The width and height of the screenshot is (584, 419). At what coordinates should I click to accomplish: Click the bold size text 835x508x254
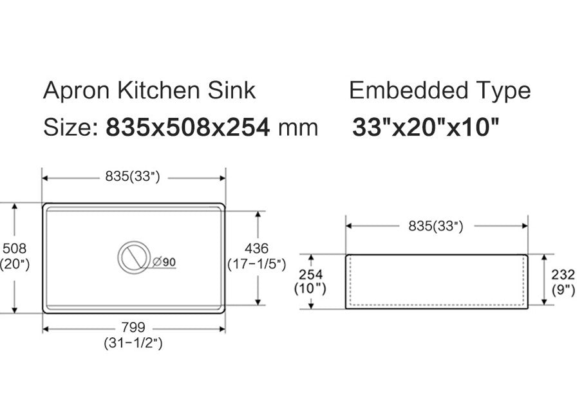[187, 127]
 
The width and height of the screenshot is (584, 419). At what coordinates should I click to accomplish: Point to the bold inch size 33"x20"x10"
[426, 127]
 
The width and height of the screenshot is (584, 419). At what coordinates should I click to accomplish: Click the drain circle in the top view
[134, 257]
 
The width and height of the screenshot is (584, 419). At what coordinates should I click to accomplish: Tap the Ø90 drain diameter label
[165, 262]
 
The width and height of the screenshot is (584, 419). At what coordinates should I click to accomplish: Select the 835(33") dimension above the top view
[134, 176]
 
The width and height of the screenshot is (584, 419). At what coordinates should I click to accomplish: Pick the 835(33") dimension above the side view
[437, 225]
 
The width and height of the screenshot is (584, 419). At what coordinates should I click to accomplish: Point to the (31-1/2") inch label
[133, 344]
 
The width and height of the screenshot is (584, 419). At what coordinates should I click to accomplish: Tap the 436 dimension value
[256, 248]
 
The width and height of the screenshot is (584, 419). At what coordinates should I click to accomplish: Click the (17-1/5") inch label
[256, 264]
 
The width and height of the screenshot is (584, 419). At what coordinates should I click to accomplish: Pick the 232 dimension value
[563, 274]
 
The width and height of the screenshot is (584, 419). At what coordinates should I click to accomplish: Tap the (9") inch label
[563, 290]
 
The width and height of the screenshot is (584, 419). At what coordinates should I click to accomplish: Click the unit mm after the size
[297, 127]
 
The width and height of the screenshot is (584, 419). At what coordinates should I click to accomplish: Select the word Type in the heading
[503, 91]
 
